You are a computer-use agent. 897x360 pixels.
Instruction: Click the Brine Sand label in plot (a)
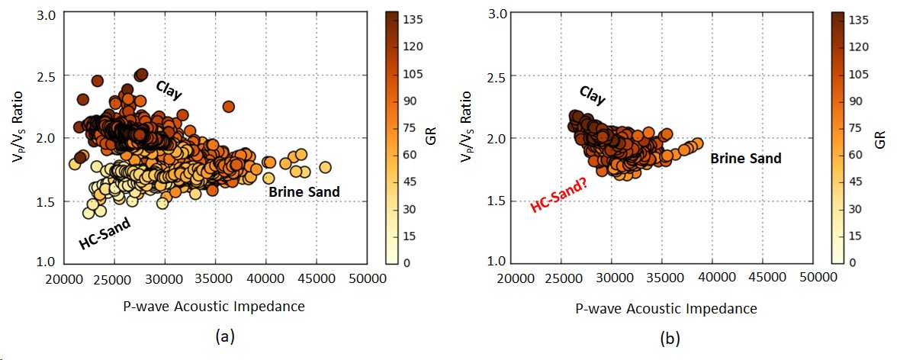point(304,192)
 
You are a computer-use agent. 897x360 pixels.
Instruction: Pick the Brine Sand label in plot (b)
point(746,159)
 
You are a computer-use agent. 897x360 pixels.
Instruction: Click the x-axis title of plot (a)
point(214,307)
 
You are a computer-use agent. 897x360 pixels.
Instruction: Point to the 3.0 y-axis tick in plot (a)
point(47,15)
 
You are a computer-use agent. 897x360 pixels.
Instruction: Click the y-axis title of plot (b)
point(475,138)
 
